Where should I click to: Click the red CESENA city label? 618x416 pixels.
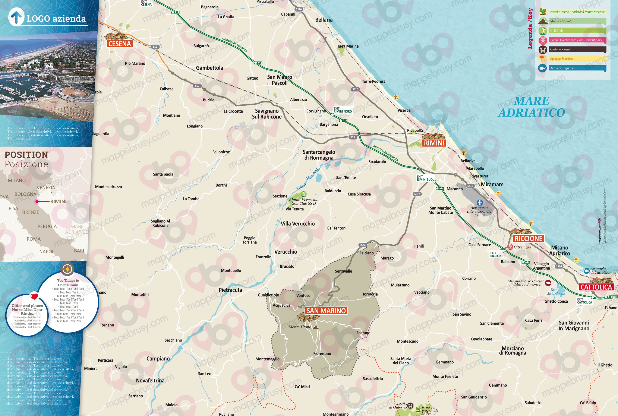click(120, 44)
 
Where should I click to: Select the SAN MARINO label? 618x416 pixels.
click(326, 311)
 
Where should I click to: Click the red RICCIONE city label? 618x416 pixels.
click(528, 238)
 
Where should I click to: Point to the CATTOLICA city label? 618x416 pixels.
click(596, 287)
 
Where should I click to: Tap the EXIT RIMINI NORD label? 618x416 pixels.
click(343, 110)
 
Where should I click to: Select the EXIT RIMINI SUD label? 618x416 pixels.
click(424, 178)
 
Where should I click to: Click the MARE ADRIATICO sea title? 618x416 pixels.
click(532, 107)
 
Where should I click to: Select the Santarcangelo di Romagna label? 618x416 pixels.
click(319, 155)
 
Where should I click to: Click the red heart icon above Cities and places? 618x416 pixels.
click(34, 296)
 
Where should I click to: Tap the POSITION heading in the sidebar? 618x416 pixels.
click(26, 155)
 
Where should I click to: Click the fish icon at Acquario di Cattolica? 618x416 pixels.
click(586, 271)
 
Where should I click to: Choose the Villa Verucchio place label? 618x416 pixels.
click(297, 224)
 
